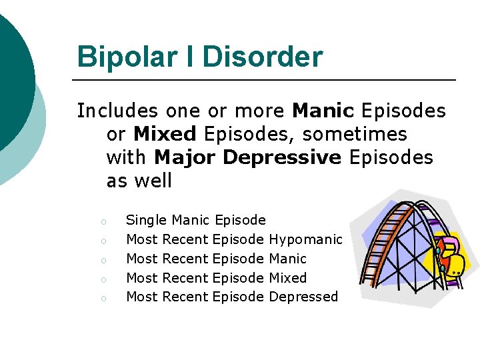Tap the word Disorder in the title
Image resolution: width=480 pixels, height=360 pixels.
click(262, 57)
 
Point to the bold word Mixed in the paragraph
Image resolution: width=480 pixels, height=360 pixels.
click(165, 133)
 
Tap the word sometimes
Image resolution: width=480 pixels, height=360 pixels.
click(354, 133)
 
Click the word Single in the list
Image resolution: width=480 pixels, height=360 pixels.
click(147, 220)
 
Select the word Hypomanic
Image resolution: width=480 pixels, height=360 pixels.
click(306, 239)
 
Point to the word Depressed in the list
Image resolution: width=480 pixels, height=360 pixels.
click(303, 297)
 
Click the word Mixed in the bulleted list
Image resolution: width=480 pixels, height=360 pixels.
click(287, 277)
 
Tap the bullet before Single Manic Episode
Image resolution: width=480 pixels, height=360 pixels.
click(104, 221)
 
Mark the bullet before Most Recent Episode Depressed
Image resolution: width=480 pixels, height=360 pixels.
click(104, 298)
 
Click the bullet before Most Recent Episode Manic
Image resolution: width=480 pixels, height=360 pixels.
click(104, 259)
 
